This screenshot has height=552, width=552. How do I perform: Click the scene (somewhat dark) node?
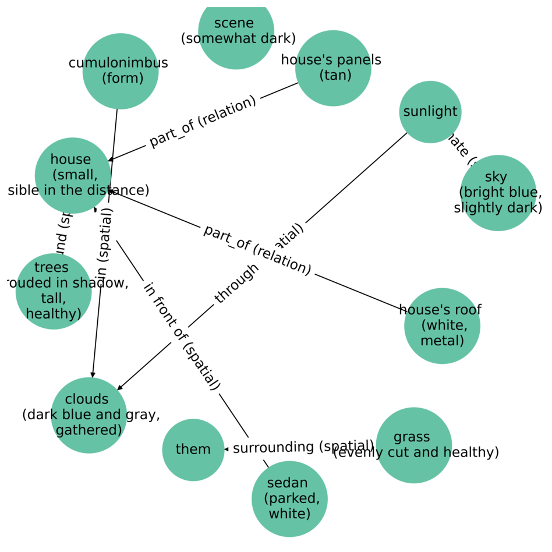pos(236,31)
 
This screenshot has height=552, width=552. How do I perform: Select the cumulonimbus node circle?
pos(121,71)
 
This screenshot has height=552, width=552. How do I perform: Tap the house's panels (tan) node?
pos(333,68)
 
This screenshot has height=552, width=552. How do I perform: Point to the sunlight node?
pos(430,112)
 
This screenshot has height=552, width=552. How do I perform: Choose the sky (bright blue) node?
pos(498,193)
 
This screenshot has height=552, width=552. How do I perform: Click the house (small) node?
pos(73,175)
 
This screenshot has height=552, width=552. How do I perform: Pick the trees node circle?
pos(54,291)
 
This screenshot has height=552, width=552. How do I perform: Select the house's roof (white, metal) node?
pos(442,325)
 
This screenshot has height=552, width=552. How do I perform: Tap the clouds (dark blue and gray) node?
pos(89,415)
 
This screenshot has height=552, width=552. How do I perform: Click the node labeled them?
pos(193,450)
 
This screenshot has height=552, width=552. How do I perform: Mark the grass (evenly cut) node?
pos(413,445)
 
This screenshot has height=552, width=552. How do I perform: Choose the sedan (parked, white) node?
pos(289,499)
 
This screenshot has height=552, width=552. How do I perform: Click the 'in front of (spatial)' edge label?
pos(182,336)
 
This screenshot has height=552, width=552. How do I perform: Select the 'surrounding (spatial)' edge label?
pos(303,447)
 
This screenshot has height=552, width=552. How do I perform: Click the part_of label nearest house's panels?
pos(202,122)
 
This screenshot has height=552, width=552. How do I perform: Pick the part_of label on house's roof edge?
pos(257,249)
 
